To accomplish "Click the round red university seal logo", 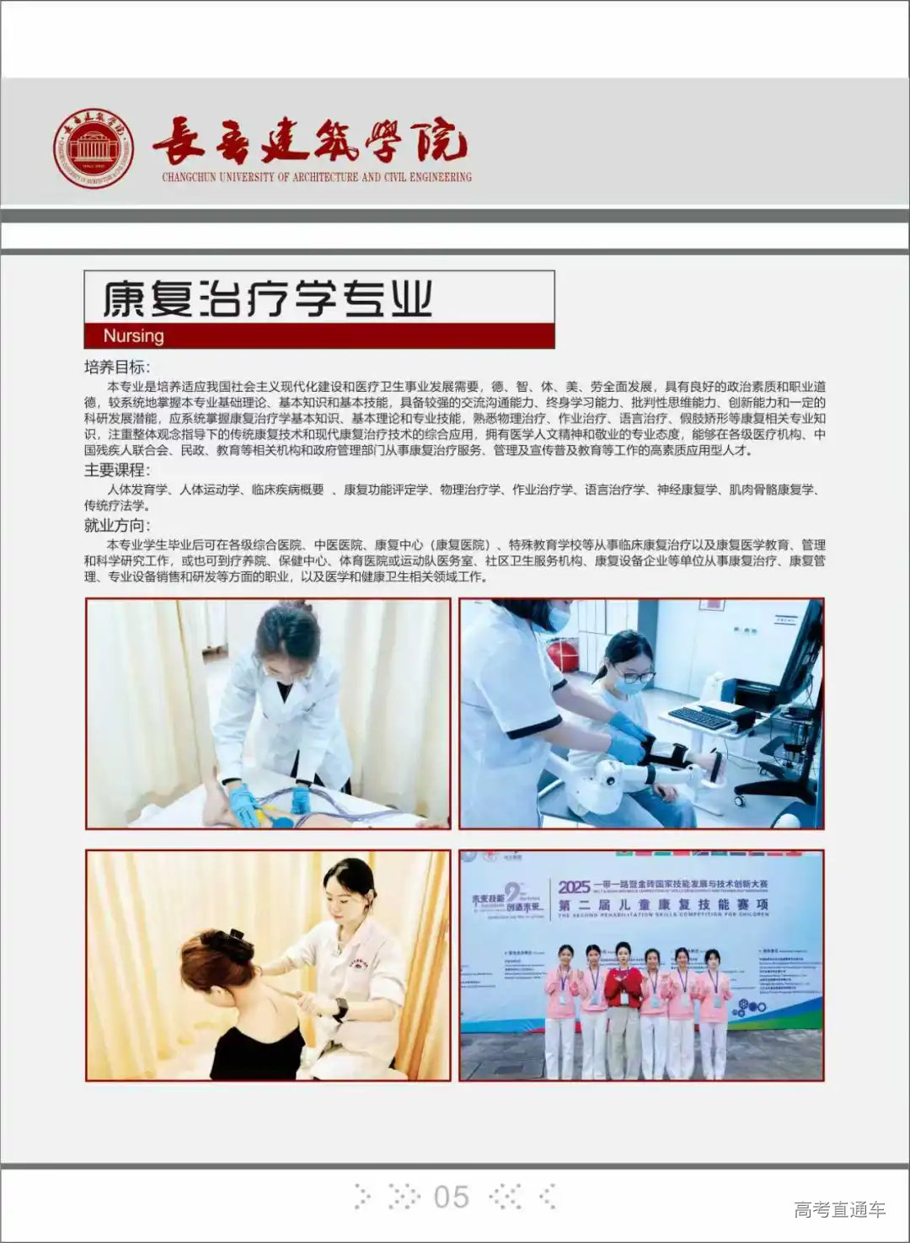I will pos(94,148).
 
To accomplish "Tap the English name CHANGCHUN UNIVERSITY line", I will pos(317,177).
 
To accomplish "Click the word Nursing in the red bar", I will pos(133,335).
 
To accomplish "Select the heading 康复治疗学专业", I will pos(268,297).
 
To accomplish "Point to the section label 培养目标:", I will pos(117,367).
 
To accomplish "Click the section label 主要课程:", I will pos(117,470).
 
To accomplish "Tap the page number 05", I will pos(451,1197).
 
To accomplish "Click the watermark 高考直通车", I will pos(839,1209).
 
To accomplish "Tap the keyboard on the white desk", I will pos(699,717).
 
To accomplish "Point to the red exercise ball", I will pos(563,655).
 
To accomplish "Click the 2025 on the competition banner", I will pos(574,887).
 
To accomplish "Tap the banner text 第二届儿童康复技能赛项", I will pos(662,905).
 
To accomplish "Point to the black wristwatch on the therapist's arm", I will pos(340,1007).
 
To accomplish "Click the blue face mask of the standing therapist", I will pos(556,618).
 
